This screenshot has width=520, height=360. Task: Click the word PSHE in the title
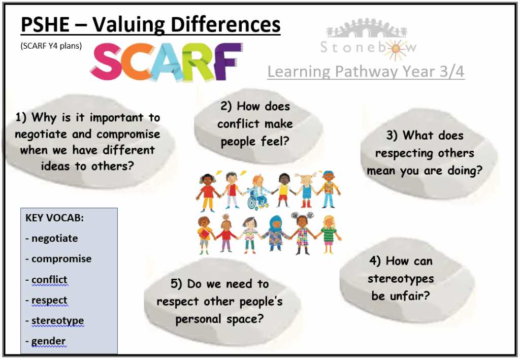pos(45,24)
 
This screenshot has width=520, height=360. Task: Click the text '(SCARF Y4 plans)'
pos(51,46)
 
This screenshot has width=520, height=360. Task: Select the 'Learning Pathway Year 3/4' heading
pos(366,72)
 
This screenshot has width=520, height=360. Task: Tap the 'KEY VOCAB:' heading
pos(54,218)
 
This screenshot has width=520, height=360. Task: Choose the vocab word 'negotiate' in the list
pos(54,238)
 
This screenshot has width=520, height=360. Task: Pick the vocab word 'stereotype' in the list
pos(57,321)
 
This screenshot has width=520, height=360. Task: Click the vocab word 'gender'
pos(48,341)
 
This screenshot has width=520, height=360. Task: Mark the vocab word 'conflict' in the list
pos(49,279)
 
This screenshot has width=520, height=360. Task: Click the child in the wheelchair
pos(258,192)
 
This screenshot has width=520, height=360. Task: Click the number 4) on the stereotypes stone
pos(375,261)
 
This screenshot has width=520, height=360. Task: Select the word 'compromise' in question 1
pos(128,134)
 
